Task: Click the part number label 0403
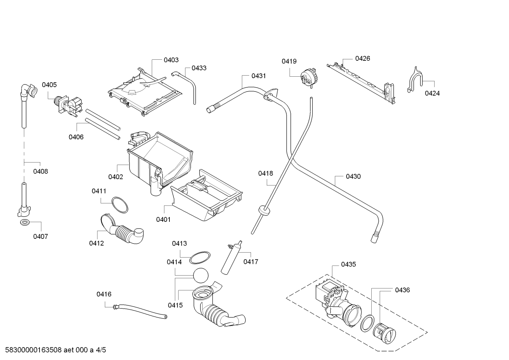(171, 60)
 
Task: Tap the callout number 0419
(289, 61)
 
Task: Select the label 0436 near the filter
(402, 290)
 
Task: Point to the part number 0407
(41, 237)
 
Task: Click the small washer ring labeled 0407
(25, 223)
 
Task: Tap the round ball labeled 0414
(200, 276)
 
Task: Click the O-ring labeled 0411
(120, 205)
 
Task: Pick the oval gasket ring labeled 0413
(200, 258)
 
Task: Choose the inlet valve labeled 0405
(68, 106)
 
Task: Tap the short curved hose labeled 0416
(140, 311)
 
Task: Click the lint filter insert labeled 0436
(384, 334)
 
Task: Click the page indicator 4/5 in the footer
(101, 350)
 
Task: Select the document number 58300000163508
(34, 350)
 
